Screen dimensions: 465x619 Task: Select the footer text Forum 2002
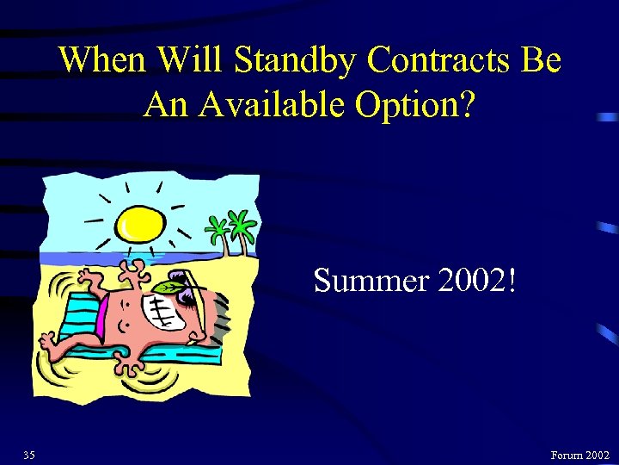tap(580, 454)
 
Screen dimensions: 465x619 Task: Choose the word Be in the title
tap(541, 61)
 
